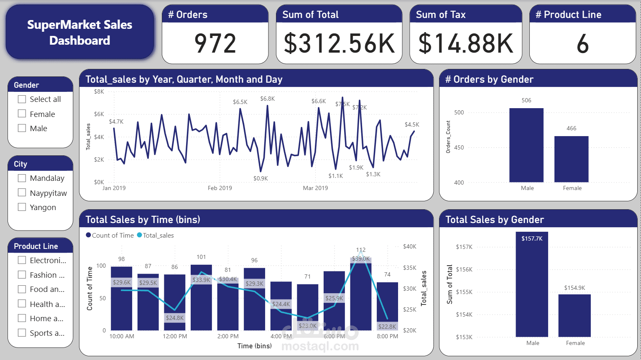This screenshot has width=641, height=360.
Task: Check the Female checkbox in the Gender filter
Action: point(22,114)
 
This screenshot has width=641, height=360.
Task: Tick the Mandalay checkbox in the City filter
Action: point(22,178)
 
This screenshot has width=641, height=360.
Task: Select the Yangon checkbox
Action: point(22,207)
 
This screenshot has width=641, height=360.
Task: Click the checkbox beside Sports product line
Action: point(22,333)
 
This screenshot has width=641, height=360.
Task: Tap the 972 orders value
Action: point(215,43)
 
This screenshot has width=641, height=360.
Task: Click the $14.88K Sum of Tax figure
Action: point(465,43)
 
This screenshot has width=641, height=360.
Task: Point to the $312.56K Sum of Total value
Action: point(339,43)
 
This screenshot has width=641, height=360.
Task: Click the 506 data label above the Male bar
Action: point(526,100)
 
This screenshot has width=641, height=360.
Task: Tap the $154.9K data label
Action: point(575,288)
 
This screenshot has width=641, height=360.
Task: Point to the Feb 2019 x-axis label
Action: point(220,188)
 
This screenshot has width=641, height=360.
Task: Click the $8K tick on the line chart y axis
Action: point(99,91)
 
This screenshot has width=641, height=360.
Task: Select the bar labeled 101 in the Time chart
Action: point(201,297)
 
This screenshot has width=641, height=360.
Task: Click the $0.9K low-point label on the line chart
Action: point(260,178)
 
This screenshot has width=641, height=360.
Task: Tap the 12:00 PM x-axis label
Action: point(175,336)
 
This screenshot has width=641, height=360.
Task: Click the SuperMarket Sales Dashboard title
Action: point(79,33)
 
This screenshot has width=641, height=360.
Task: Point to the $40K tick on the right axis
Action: point(409,247)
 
